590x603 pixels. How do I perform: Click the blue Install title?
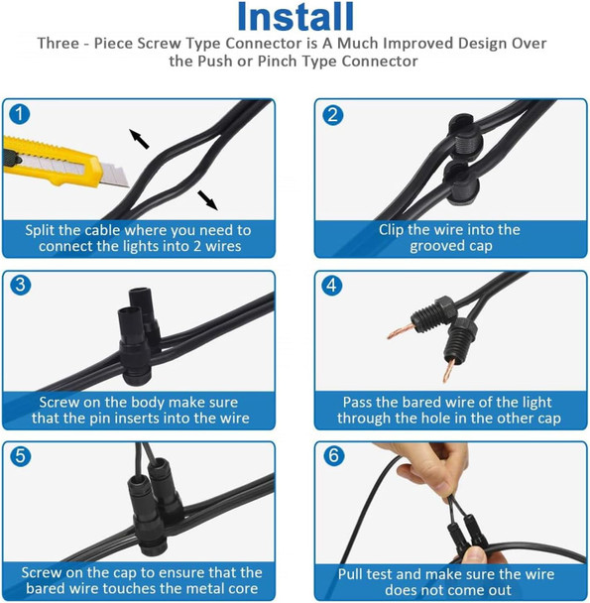click(x=295, y=17)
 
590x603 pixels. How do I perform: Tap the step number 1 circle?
click(x=19, y=114)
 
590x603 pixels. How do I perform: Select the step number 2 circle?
click(x=333, y=115)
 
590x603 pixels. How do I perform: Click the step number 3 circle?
click(x=21, y=285)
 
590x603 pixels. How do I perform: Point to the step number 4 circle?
click(x=331, y=286)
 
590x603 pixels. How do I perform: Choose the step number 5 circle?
click(x=21, y=456)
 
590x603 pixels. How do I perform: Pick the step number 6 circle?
click(x=333, y=455)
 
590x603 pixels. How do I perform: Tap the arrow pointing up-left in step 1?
click(x=139, y=139)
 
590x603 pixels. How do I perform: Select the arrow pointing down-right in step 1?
click(x=207, y=200)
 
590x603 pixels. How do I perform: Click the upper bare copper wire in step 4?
click(x=401, y=331)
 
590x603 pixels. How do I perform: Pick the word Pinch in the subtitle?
click(x=277, y=60)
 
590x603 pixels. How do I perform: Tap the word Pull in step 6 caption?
click(x=351, y=574)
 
